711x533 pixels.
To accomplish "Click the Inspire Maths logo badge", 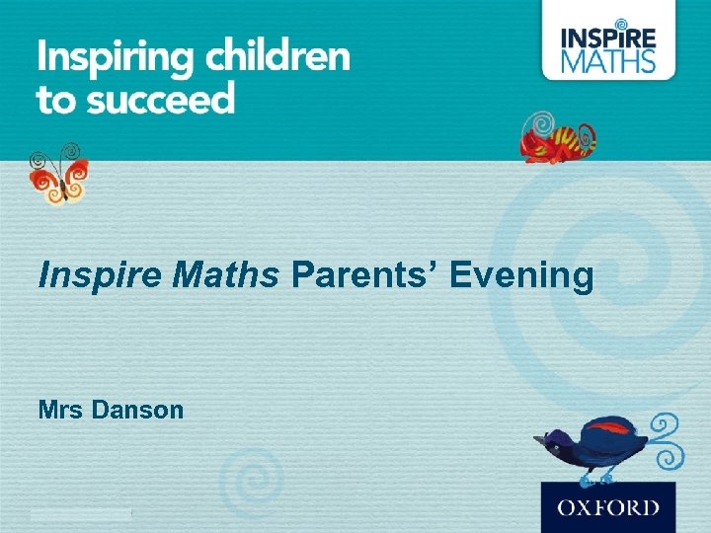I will [609, 40].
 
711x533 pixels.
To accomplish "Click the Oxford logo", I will [608, 507].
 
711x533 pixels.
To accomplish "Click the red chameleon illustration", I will [559, 139].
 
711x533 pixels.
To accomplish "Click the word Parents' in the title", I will [364, 276].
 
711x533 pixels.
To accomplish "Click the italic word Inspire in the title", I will [100, 277].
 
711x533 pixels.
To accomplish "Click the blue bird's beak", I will [538, 439].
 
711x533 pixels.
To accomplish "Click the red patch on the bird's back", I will [608, 428].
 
